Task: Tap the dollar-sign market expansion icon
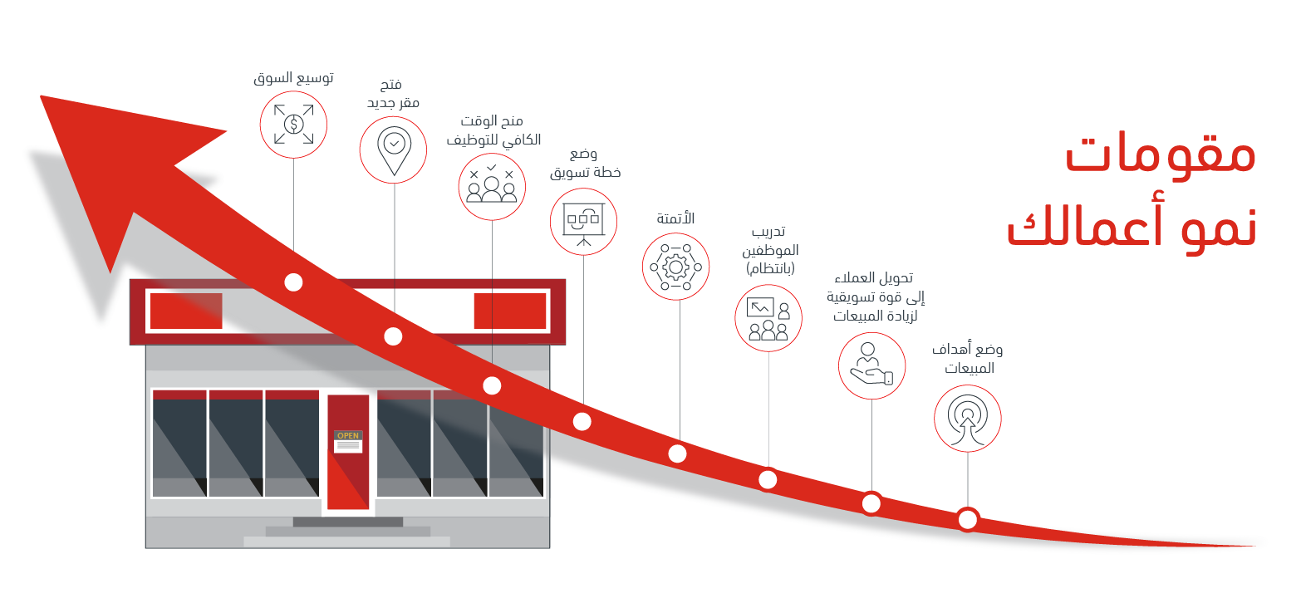[293, 125]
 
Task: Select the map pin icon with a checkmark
[394, 149]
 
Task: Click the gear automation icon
[675, 267]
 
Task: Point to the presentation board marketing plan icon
[583, 222]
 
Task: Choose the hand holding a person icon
[872, 365]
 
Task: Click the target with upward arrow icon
[967, 419]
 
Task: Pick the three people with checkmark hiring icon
[492, 187]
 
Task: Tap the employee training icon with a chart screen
[768, 318]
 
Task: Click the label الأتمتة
[675, 218]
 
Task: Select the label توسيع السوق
[293, 78]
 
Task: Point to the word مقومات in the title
[1160, 154]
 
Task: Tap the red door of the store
[348, 452]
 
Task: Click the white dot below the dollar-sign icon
[293, 282]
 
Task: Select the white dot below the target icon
[967, 519]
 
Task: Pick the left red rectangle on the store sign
[186, 311]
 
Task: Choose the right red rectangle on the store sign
[510, 311]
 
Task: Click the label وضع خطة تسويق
[585, 163]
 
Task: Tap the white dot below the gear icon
[677, 453]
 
